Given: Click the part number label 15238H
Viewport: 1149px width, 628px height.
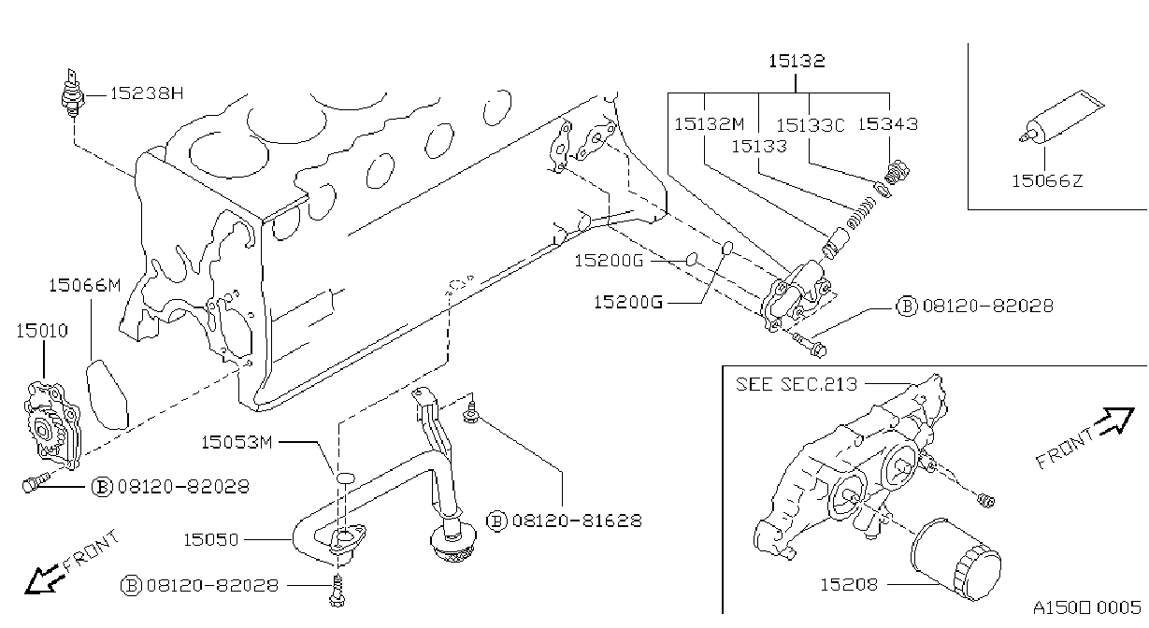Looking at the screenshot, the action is tap(147, 93).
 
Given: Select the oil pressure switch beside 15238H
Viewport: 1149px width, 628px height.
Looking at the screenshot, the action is tap(71, 93).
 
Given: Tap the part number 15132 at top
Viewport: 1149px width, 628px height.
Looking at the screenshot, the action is tap(797, 61).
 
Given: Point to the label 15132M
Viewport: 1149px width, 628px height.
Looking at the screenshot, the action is tap(709, 123).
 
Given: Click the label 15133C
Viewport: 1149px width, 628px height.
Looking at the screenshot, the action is tap(810, 125).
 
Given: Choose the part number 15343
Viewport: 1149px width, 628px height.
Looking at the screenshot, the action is tap(887, 123).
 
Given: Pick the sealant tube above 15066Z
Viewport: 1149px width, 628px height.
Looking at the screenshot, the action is tap(1061, 118).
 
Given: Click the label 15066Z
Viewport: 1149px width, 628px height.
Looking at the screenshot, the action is tap(1047, 181).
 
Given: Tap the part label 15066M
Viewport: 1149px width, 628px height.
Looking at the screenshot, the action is tap(85, 285).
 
